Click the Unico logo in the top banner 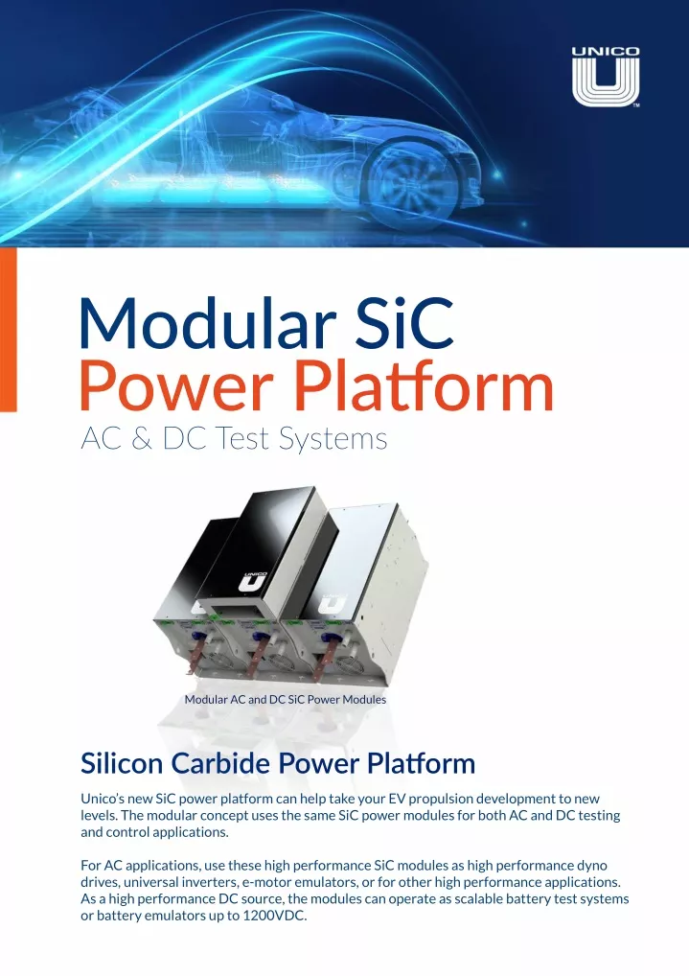pyautogui.click(x=605, y=77)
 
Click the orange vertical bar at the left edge pyautogui.click(x=8, y=330)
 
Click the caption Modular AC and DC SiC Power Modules pyautogui.click(x=285, y=699)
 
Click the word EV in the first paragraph pyautogui.click(x=397, y=799)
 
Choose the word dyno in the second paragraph pyautogui.click(x=591, y=866)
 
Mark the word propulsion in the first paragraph pyautogui.click(x=440, y=800)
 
